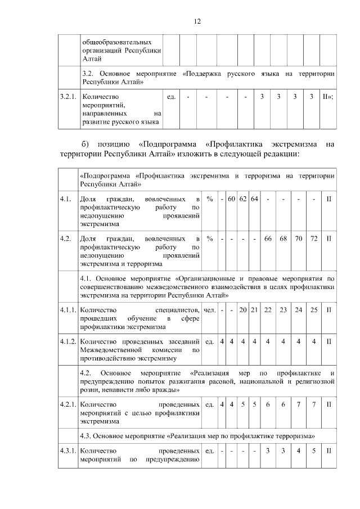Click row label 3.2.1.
[x=67, y=97]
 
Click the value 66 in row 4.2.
[x=268, y=238]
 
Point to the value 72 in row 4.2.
[x=314, y=238]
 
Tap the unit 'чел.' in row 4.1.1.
[x=209, y=310]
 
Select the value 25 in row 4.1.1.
[x=314, y=310]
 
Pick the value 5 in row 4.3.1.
[x=314, y=451]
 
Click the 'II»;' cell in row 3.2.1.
[x=328, y=97]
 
